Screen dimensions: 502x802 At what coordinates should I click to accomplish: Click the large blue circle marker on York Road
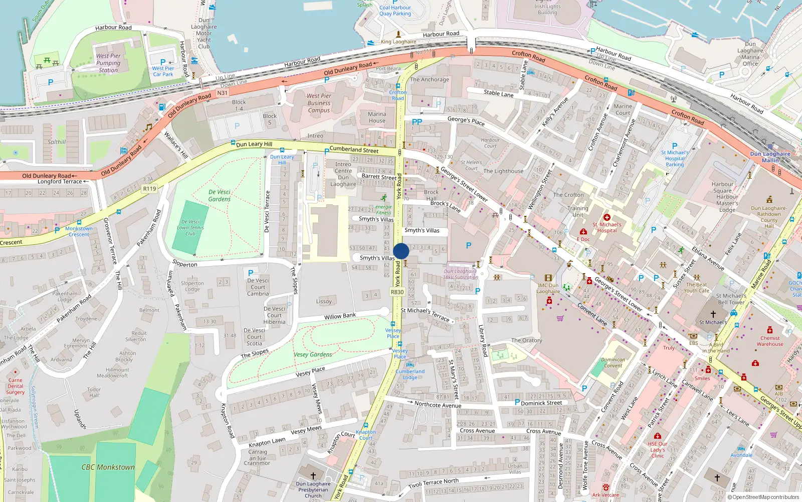(401, 251)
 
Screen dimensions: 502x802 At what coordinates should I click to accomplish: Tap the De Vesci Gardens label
(220, 196)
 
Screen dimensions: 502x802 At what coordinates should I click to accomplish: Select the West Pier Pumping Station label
(108, 63)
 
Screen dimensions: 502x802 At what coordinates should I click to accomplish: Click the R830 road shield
(397, 292)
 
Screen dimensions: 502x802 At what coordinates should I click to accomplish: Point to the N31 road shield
(222, 93)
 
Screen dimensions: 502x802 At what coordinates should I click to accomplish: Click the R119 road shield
(149, 189)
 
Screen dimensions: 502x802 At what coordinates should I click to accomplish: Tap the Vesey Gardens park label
(313, 354)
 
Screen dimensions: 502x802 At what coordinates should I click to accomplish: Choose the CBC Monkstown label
(108, 467)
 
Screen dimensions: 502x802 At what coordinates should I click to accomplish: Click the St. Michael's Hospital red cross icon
(607, 217)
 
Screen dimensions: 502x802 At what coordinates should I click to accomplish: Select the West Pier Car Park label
(163, 71)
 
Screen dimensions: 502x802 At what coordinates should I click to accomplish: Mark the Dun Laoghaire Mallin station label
(770, 157)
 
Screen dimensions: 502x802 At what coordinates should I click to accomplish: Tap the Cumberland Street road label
(354, 150)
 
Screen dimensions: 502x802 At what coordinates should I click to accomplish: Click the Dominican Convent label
(613, 362)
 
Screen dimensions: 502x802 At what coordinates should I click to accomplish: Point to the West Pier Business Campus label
(319, 103)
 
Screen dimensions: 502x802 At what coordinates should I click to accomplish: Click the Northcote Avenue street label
(438, 405)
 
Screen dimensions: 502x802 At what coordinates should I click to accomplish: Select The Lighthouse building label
(503, 171)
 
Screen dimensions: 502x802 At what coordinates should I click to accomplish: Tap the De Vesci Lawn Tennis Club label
(190, 227)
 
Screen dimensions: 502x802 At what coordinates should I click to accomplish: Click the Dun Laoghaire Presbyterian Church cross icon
(313, 475)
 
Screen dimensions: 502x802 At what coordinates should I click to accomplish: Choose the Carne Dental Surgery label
(15, 386)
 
